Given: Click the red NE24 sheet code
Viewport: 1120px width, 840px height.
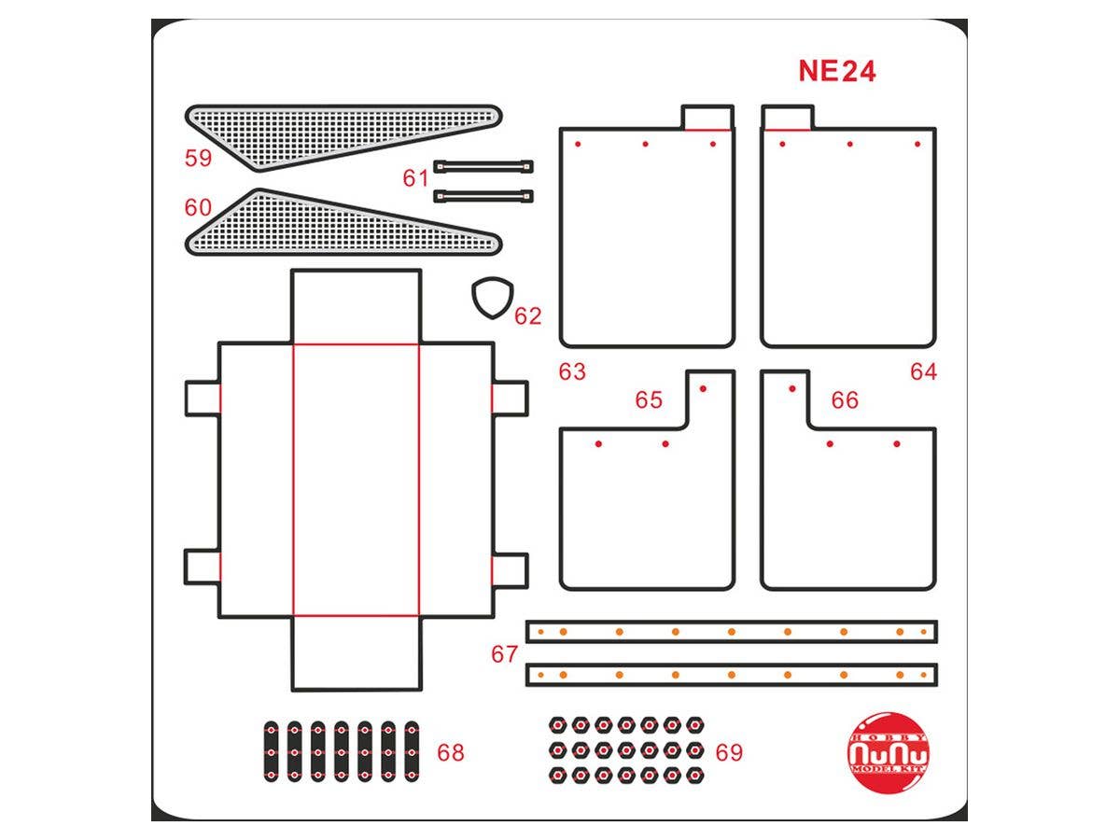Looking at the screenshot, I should click(837, 72).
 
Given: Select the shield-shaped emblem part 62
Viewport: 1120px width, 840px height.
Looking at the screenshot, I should click(491, 298).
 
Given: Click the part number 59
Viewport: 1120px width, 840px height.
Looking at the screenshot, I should click(198, 158).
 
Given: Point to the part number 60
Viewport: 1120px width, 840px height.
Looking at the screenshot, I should click(198, 207).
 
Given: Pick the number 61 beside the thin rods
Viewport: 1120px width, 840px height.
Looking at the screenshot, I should click(416, 177).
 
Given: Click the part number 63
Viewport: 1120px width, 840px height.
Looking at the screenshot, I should click(572, 371).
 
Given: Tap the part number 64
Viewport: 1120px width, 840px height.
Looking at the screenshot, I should click(923, 371).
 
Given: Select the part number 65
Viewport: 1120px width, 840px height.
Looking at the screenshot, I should click(649, 400).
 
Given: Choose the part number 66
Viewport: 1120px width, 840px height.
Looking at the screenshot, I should click(845, 400).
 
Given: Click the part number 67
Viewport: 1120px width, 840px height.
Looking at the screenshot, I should click(504, 654).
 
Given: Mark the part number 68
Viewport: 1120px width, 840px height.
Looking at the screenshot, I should click(451, 752).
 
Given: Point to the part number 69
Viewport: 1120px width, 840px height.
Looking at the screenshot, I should click(729, 752).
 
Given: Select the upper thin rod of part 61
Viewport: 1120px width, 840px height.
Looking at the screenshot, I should click(483, 166).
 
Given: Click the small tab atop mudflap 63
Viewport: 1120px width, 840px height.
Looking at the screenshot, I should click(708, 118).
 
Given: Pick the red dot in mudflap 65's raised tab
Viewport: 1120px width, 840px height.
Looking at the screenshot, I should click(703, 389).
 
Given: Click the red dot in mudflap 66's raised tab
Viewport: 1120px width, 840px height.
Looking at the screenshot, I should click(792, 389).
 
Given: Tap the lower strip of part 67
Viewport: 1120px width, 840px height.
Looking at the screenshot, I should click(732, 674).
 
